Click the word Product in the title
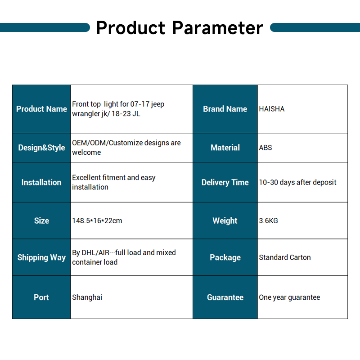point(130,28)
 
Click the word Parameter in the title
point(217,28)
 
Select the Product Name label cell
point(41,109)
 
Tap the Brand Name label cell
point(225,109)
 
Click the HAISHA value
point(272,109)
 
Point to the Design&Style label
point(41,148)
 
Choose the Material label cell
point(225,148)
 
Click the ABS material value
point(265,148)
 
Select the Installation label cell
point(41,182)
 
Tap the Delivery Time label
point(225,182)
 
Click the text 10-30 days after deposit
point(297,182)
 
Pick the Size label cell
point(41,220)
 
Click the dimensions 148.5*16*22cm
point(97,220)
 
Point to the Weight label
point(225,220)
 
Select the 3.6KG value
point(268,220)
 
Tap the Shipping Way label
point(41,257)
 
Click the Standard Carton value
point(285,257)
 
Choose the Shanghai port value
point(87,297)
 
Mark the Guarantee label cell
point(225,297)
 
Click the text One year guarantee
point(289,297)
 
